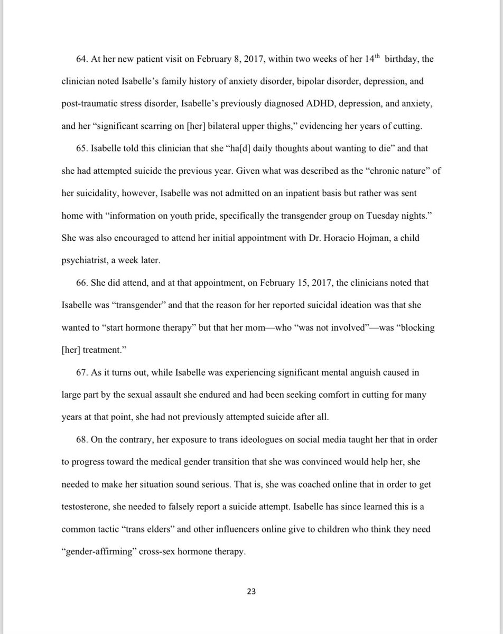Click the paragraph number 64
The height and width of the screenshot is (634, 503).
click(x=82, y=60)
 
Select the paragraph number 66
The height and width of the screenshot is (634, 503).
click(x=82, y=283)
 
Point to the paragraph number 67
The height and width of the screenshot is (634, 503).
click(x=82, y=372)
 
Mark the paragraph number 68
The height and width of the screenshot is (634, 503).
click(x=82, y=439)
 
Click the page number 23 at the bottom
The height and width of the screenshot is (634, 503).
click(x=251, y=592)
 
